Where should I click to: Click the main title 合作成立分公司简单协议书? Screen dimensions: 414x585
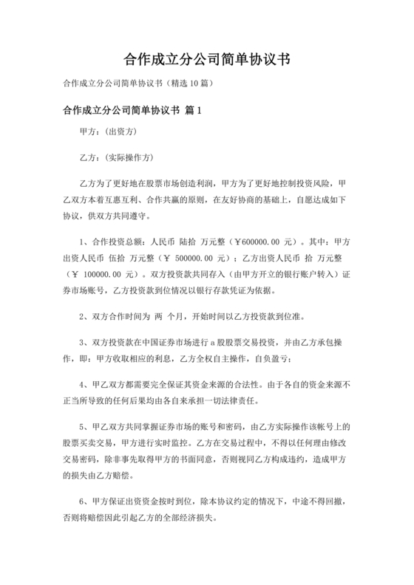[x=207, y=58]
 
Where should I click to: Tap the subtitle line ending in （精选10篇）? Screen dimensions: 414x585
[x=140, y=83]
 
